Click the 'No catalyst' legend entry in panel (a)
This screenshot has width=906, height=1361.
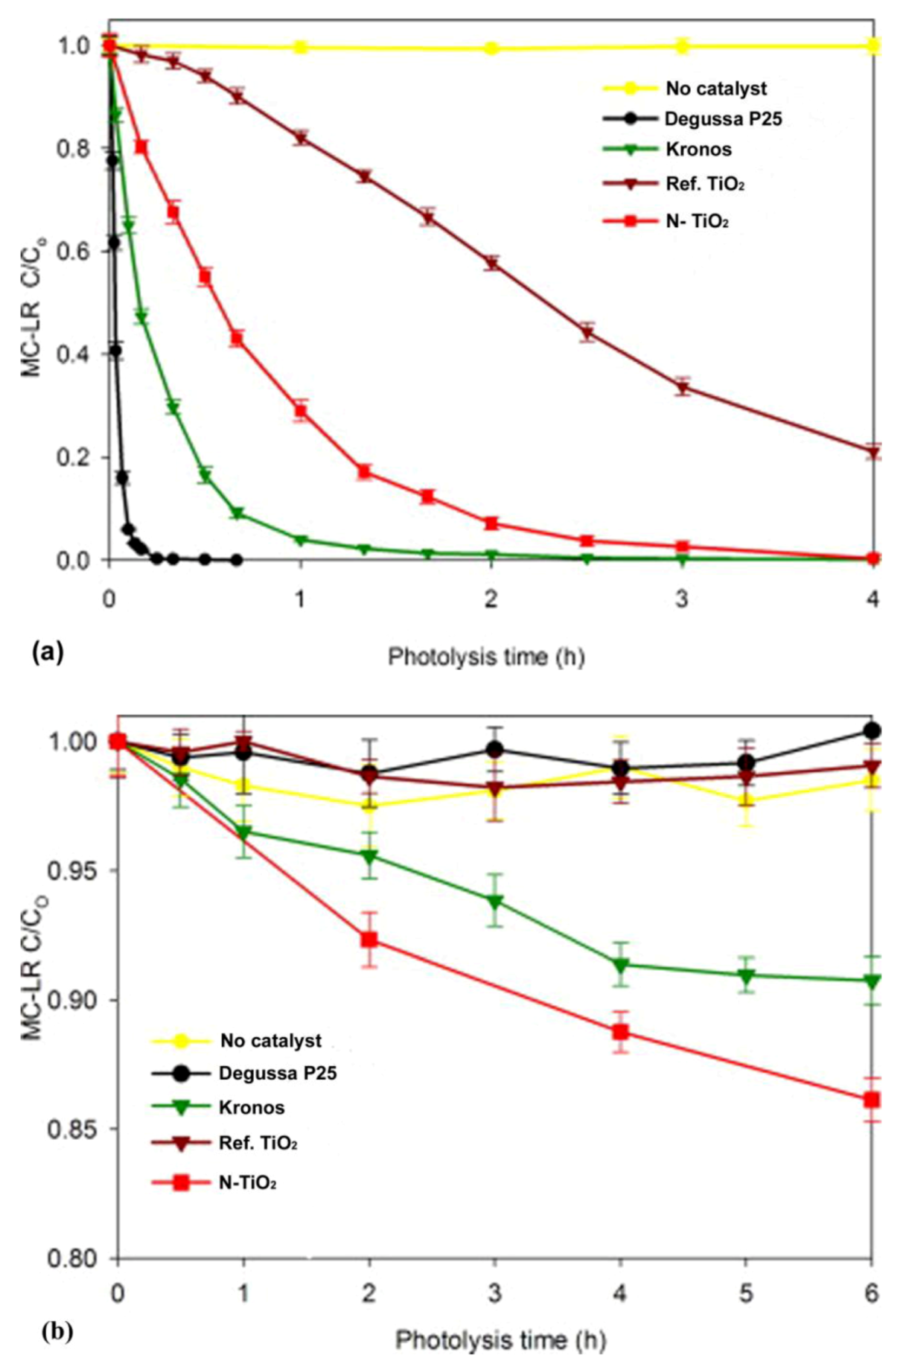(x=715, y=89)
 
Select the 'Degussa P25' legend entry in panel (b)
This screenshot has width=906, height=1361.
(x=277, y=1073)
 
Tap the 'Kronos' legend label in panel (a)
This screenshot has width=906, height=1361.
(x=698, y=149)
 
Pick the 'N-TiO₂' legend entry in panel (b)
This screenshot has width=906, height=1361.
(x=248, y=1182)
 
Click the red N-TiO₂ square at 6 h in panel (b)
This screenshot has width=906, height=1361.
(x=872, y=1100)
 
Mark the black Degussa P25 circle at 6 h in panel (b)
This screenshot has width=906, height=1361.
(x=872, y=730)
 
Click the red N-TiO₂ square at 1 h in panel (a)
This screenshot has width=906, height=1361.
(x=300, y=410)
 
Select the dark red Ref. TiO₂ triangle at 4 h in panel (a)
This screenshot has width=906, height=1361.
(x=873, y=452)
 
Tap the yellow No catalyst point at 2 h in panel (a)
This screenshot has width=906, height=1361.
(x=491, y=48)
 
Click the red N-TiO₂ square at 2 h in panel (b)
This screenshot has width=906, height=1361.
(x=369, y=940)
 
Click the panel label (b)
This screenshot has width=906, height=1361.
(x=57, y=1330)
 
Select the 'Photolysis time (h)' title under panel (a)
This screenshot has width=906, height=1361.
(x=486, y=657)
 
